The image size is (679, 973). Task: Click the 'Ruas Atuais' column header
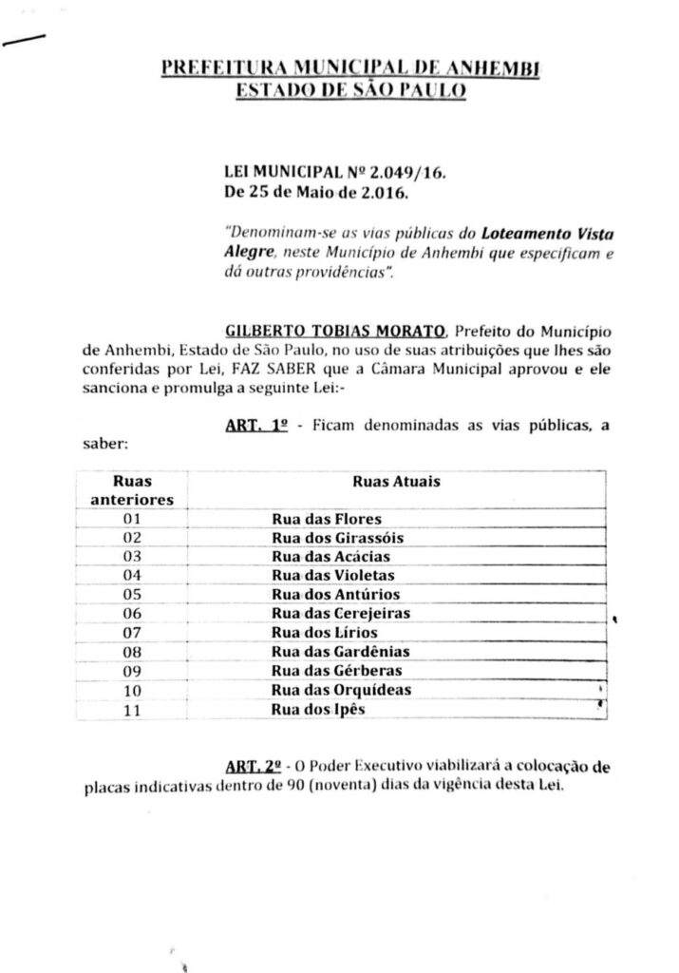coord(396,482)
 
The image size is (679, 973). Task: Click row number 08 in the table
coord(133,652)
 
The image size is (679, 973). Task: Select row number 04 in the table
coord(133,576)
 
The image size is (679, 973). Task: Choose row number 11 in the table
coord(133,709)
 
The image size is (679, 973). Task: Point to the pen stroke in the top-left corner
coord(26,39)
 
